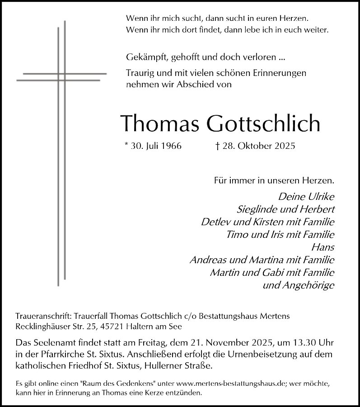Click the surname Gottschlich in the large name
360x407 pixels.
[x=263, y=123]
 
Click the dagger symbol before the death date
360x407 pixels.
[x=217, y=147]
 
